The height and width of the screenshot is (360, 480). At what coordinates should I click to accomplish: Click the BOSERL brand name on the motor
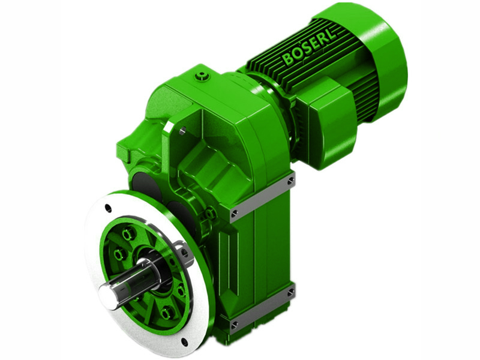point(310,46)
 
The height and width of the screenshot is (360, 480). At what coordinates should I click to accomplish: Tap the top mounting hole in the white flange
point(108,209)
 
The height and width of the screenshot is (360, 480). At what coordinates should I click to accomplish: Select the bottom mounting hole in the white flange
point(184,342)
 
